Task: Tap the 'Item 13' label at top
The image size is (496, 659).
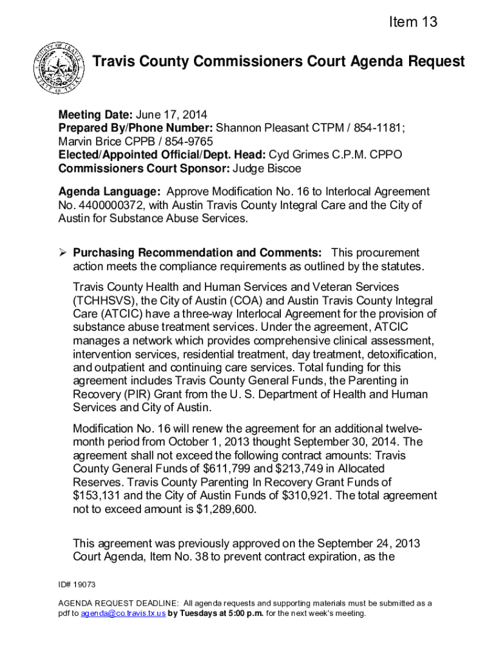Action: pos(413,23)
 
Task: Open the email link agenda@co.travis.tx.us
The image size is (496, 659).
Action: pos(123,613)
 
